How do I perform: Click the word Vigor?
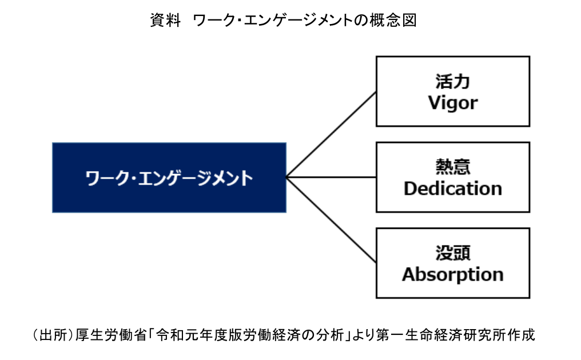pyautogui.click(x=452, y=103)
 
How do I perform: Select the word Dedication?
pyautogui.click(x=452, y=188)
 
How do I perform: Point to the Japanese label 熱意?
pyautogui.click(x=452, y=167)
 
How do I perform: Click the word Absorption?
pyautogui.click(x=452, y=274)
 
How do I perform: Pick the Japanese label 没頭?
pyautogui.click(x=452, y=252)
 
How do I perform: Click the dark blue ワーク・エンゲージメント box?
pyautogui.click(x=169, y=177)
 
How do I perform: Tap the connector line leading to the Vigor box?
pyautogui.click(x=332, y=134)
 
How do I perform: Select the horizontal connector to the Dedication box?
pyautogui.click(x=332, y=177)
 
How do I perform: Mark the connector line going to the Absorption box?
pyautogui.click(x=332, y=220)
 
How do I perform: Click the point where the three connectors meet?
pyautogui.click(x=286, y=177)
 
